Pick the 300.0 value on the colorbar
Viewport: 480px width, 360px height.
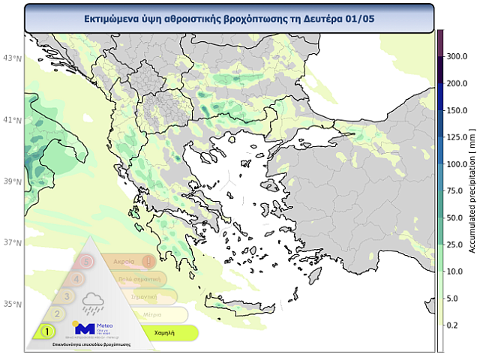pos(457,56)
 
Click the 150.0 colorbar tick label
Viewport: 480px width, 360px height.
pos(457,110)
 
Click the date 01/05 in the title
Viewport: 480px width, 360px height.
pos(357,18)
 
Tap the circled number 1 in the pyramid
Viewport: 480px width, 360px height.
pos(46,331)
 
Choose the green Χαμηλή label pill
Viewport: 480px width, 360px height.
pos(166,331)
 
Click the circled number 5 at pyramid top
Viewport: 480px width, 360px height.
pos(88,262)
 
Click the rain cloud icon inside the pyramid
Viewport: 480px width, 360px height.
pos(94,302)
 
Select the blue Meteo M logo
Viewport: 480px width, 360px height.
pos(84,328)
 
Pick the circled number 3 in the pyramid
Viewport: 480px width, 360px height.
pos(67,296)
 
